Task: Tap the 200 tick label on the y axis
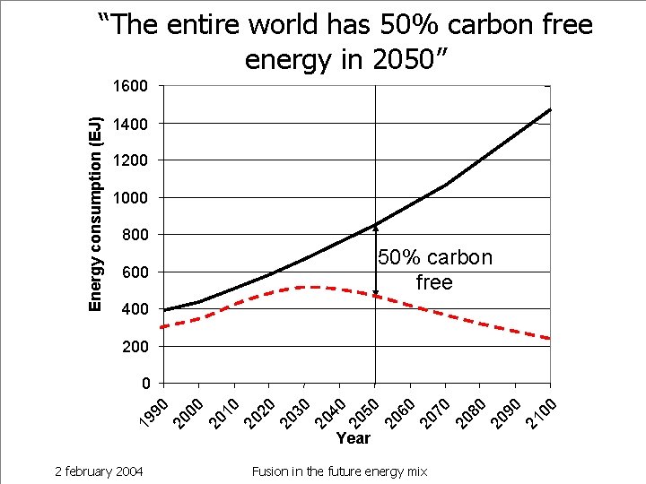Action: coord(134,346)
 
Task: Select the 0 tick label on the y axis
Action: coord(144,384)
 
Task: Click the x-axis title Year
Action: coord(353,438)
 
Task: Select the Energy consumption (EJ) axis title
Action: coord(95,214)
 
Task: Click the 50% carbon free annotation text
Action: coord(434,270)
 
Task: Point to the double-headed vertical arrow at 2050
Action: coord(375,260)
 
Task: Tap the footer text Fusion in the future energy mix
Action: coord(339,471)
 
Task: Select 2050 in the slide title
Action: coord(394,59)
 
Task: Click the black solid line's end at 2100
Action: coord(550,109)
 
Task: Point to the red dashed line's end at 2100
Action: coord(549,338)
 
